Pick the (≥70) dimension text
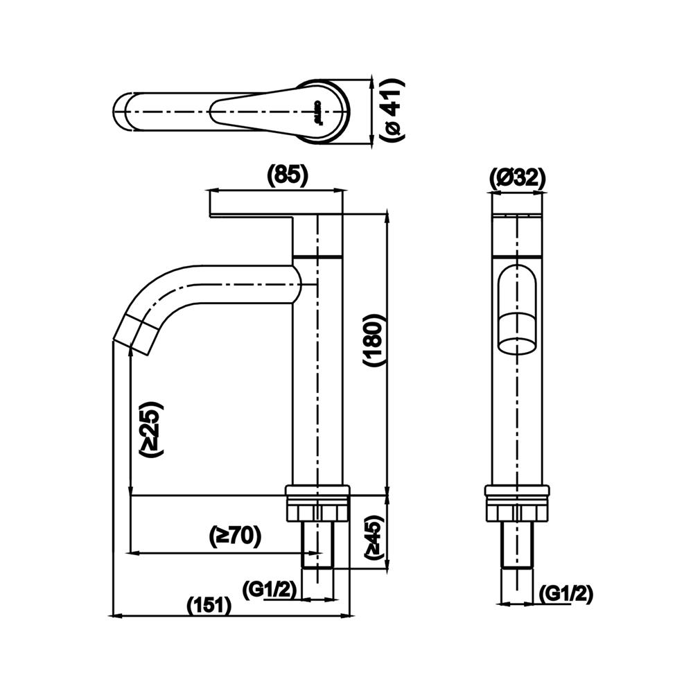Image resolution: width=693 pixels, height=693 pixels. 235,535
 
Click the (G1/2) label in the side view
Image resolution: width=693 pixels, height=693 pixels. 270,590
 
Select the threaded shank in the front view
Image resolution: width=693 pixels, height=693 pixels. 517,547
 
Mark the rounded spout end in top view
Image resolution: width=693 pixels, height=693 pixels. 125,111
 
